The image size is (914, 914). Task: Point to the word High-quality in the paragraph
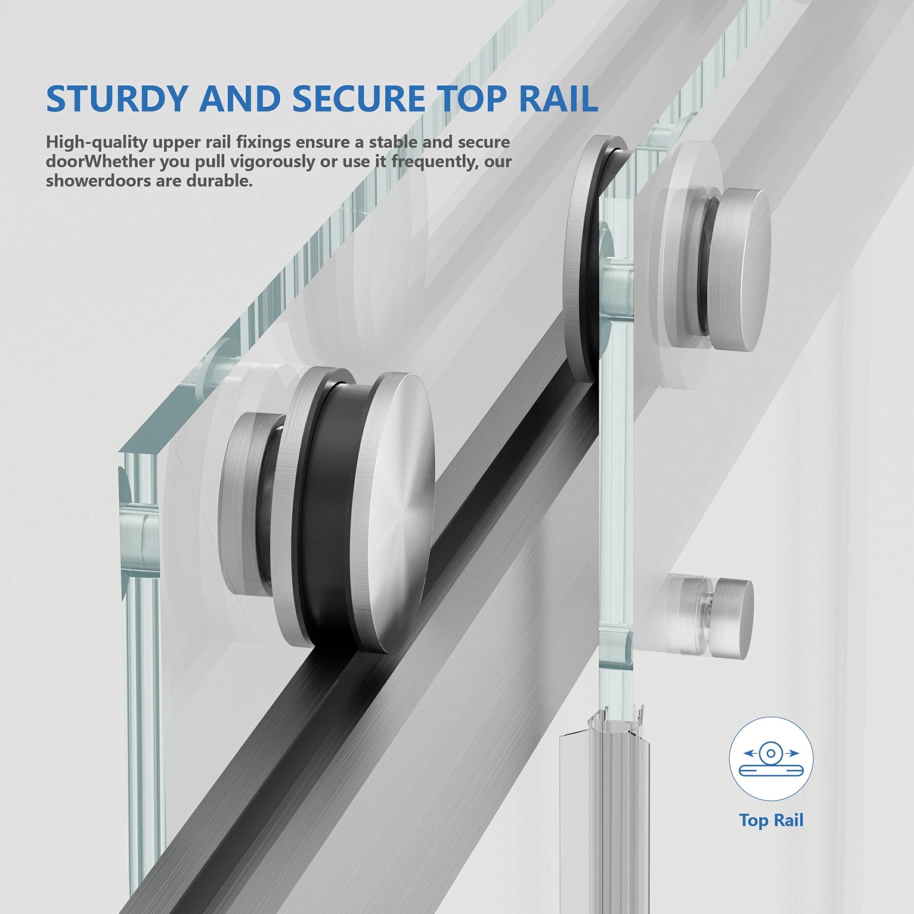point(96,142)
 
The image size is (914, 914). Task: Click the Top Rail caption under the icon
point(771,820)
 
